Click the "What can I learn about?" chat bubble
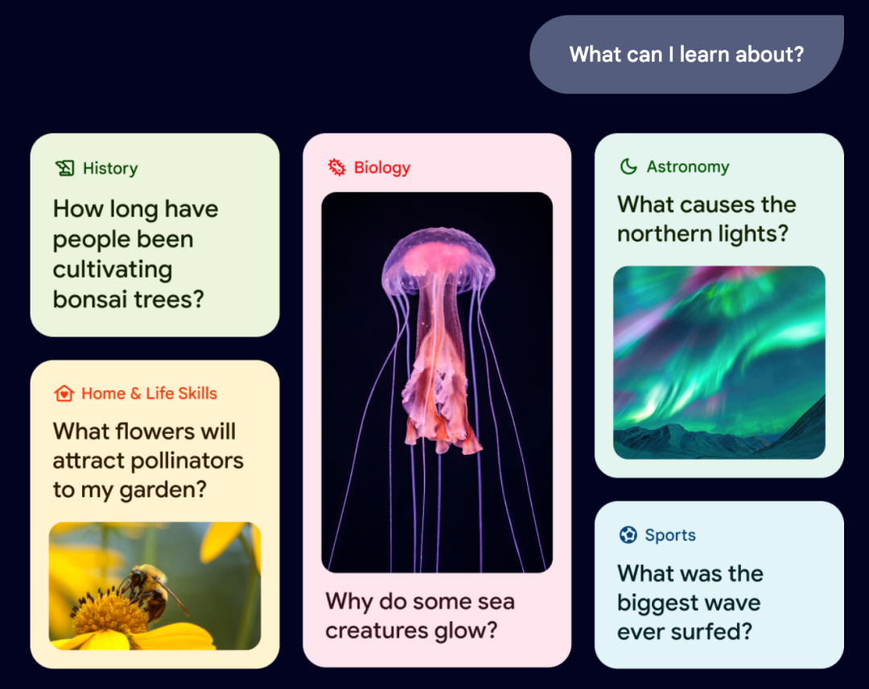tap(686, 54)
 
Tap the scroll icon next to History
tap(65, 168)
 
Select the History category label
tap(110, 168)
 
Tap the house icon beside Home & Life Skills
tap(64, 394)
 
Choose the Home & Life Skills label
tap(149, 394)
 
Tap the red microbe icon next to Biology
tap(336, 167)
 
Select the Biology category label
tap(382, 167)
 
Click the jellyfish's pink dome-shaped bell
tap(438, 258)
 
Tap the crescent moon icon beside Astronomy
tap(628, 167)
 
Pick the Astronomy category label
tap(688, 167)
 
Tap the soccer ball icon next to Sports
tap(628, 535)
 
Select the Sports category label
tap(670, 535)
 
